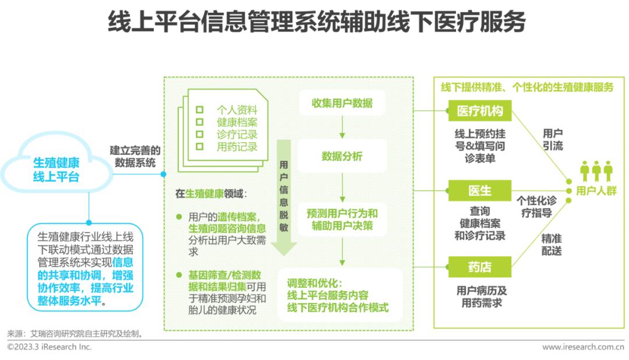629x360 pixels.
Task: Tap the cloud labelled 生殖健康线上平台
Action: coord(56,169)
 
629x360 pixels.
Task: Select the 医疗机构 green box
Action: coord(479,111)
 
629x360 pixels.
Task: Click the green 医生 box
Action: coord(479,190)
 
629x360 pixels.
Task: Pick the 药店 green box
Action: coord(479,267)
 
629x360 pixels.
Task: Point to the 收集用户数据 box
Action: coord(342,104)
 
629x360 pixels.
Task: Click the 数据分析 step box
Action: coord(342,156)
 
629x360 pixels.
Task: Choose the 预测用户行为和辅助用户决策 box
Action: coord(342,220)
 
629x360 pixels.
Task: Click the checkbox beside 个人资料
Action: coord(200,110)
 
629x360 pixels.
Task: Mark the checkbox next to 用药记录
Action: coord(200,147)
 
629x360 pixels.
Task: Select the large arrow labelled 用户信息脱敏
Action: coord(284,198)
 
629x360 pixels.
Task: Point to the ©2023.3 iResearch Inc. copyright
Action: coord(50,347)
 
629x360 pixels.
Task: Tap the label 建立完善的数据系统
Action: coord(135,157)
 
